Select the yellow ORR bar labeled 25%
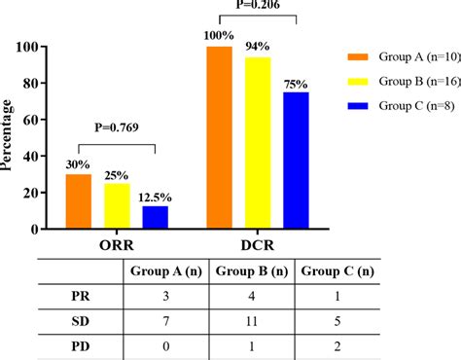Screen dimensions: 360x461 (117, 205)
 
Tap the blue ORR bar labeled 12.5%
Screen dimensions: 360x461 (155, 217)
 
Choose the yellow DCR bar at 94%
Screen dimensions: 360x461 (258, 142)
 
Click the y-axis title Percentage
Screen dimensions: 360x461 (9, 136)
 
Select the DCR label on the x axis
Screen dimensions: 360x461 (257, 245)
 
